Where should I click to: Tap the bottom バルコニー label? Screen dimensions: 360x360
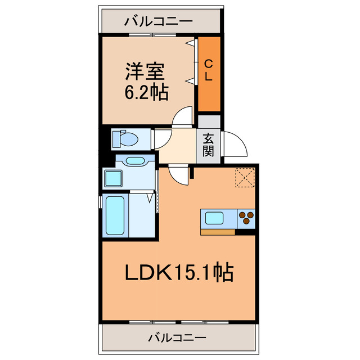coord(178,337)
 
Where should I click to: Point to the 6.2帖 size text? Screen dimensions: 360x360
coord(146,92)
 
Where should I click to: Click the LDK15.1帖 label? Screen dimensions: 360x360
coord(179,273)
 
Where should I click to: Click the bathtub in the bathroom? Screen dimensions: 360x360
coord(115,217)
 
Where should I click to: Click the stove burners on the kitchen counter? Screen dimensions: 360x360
coord(246,218)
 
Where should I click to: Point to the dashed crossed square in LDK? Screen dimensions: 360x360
coord(245,178)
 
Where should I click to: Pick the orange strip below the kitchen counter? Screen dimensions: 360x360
coord(218,231)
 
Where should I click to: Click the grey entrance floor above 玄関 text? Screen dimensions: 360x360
coord(209,123)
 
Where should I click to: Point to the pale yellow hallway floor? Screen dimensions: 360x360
coord(176,145)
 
